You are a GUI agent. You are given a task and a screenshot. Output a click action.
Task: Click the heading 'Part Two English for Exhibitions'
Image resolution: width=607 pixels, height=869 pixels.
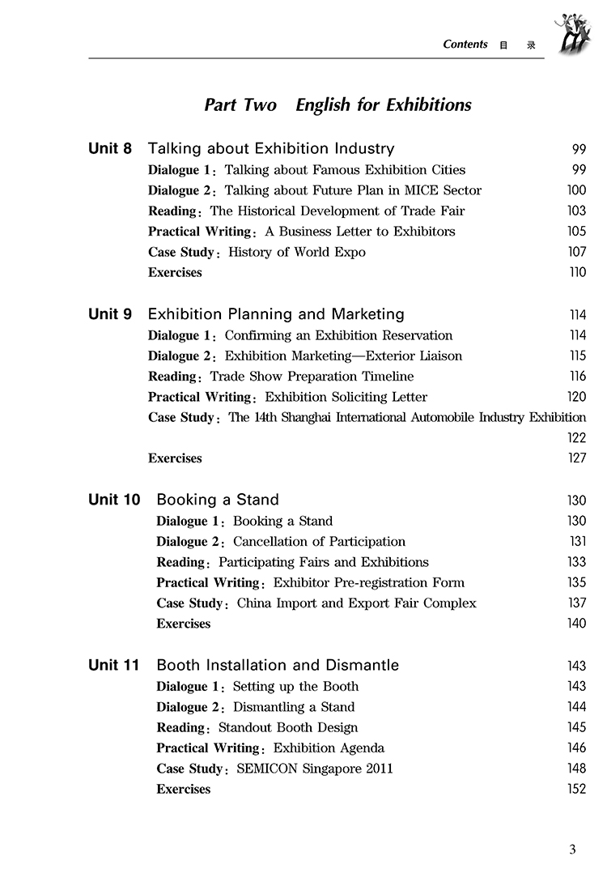(x=337, y=105)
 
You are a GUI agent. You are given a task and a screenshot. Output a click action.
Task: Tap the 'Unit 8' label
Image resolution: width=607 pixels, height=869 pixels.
(x=109, y=149)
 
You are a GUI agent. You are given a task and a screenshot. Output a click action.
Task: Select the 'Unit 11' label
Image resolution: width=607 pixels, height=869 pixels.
(x=113, y=666)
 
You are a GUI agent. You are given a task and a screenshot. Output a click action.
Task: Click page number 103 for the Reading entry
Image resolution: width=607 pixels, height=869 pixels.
(x=577, y=211)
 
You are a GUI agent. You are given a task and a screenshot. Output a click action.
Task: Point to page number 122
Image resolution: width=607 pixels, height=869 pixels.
(x=576, y=438)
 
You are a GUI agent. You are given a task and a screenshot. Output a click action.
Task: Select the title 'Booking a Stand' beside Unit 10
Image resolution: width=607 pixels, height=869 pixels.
(x=217, y=500)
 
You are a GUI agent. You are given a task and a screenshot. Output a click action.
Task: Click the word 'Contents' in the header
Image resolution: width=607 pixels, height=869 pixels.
(x=465, y=45)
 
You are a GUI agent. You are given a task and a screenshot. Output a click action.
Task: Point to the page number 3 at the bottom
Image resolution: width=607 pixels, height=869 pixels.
(x=572, y=850)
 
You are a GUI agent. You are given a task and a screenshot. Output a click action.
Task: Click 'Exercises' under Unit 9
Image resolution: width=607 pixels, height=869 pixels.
(x=175, y=458)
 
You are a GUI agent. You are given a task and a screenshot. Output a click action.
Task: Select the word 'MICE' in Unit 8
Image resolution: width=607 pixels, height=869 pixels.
(x=405, y=190)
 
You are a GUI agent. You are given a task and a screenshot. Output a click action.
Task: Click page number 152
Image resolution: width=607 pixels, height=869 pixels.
(x=577, y=789)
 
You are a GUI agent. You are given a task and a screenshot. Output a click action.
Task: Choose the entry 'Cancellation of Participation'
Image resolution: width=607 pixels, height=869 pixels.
(x=319, y=542)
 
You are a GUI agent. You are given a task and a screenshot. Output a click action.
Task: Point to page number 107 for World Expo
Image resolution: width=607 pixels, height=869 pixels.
(x=577, y=252)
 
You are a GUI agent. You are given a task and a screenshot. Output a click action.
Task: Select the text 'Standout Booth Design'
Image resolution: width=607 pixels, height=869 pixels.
(x=288, y=727)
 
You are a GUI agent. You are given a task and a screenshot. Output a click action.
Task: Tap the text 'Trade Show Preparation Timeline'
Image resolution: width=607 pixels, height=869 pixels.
(x=312, y=376)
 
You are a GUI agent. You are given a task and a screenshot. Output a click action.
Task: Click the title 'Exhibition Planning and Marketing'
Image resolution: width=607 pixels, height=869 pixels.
(x=276, y=314)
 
